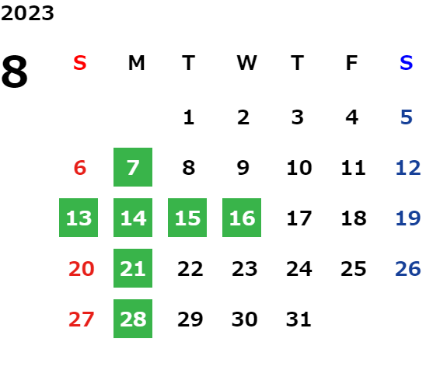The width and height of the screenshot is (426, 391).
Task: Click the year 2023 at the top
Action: tap(27, 13)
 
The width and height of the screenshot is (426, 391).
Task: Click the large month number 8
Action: tap(15, 72)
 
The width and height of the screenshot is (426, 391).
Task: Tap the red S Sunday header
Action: tap(80, 63)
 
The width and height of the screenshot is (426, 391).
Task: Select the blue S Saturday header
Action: tap(407, 63)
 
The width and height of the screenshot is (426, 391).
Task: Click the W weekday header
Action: tap(246, 63)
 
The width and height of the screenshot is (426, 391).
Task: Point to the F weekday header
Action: tap(352, 63)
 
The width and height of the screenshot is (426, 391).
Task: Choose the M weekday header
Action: tap(136, 63)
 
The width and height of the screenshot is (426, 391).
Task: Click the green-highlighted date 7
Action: tap(133, 167)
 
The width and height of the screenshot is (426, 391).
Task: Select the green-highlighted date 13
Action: tap(79, 218)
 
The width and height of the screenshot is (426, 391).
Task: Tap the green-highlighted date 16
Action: tap(242, 218)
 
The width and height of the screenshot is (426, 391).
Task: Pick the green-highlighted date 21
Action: tap(133, 268)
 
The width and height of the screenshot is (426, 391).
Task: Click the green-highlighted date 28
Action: tap(133, 319)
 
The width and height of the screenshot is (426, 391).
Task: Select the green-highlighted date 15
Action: tap(187, 218)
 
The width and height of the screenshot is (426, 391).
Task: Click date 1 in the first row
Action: tap(189, 117)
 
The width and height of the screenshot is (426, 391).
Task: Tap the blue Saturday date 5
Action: tap(407, 117)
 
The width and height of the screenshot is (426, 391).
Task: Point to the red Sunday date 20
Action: tap(81, 269)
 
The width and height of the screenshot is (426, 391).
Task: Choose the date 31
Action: tap(299, 319)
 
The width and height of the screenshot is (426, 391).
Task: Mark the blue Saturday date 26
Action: tap(408, 269)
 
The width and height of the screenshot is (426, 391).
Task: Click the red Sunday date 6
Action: tap(80, 168)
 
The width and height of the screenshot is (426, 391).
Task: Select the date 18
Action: tap(354, 218)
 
